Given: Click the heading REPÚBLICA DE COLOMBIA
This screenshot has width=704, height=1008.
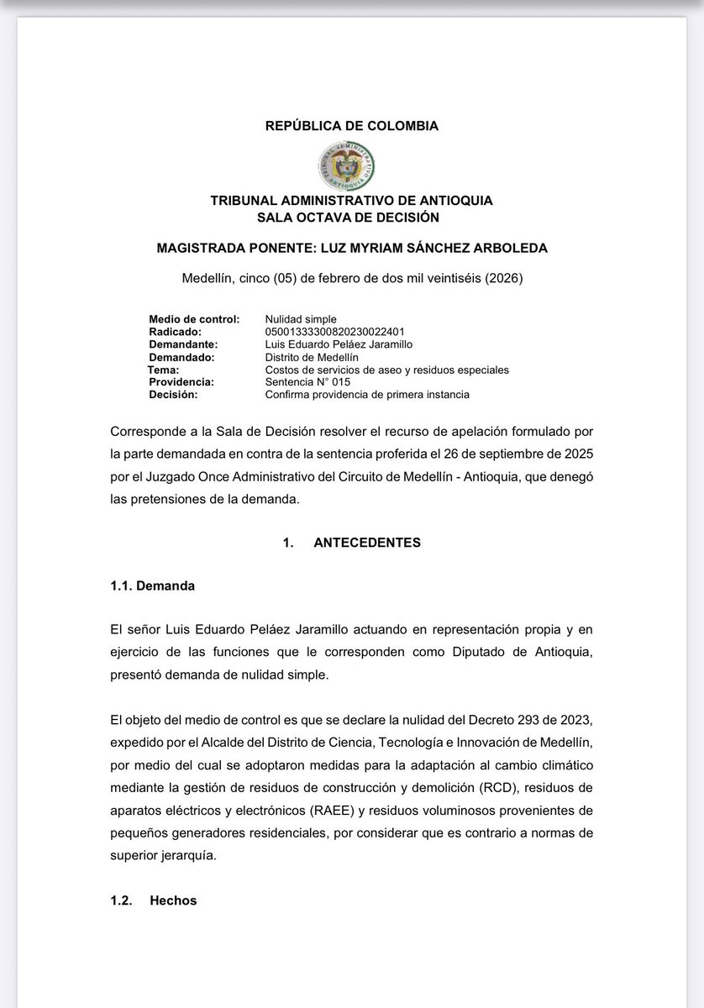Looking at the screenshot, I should [x=351, y=126].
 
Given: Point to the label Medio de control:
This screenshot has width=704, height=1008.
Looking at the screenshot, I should [x=194, y=319].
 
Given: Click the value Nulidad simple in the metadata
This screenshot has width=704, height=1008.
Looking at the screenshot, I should [x=301, y=319].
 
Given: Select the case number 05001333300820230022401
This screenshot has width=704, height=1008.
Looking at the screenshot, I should [x=334, y=332].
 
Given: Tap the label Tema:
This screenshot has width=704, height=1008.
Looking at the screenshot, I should [x=163, y=370].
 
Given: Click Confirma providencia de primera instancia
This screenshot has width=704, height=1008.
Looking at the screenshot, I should [x=367, y=395].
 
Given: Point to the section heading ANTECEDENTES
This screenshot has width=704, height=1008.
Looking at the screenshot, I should [x=367, y=543].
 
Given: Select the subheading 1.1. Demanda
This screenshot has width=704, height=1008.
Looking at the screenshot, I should [x=152, y=585].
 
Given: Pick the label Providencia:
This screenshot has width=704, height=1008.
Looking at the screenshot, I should [x=181, y=382].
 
